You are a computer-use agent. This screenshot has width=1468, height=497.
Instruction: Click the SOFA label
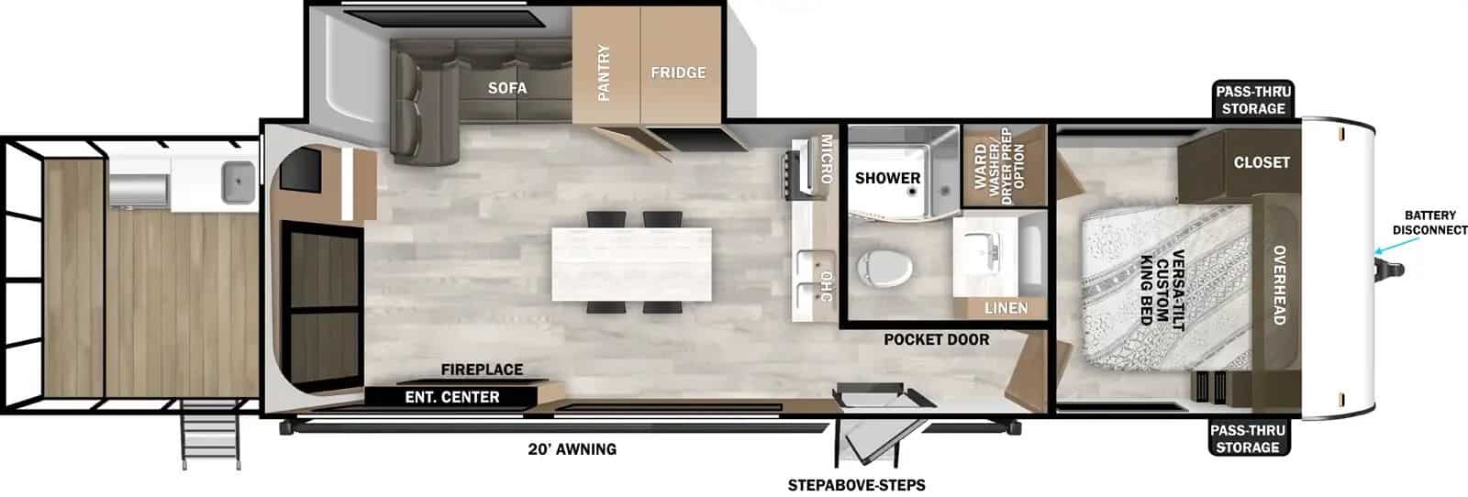(507, 88)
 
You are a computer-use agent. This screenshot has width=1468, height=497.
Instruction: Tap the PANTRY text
(604, 72)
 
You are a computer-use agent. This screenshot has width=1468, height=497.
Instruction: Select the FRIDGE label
(678, 72)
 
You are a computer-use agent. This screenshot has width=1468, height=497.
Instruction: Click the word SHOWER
(887, 178)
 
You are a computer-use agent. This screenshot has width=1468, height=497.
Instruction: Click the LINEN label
(1006, 308)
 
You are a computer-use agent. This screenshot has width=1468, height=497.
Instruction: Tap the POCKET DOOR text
(936, 339)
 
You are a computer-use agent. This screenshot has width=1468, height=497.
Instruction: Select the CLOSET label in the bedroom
(1262, 162)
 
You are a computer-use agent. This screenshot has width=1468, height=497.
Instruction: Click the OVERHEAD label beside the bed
(1278, 284)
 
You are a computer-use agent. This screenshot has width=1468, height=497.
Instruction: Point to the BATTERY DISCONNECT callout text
(1429, 223)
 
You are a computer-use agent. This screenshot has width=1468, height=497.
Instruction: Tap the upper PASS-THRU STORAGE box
(1252, 100)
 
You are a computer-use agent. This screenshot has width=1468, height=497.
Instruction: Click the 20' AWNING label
(572, 449)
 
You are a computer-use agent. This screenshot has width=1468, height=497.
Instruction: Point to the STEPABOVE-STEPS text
(856, 485)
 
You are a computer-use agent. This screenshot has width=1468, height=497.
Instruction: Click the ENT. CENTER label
(452, 397)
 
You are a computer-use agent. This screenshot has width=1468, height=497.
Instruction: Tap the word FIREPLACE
(482, 370)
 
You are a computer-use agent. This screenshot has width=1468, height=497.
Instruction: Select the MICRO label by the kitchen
(826, 159)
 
